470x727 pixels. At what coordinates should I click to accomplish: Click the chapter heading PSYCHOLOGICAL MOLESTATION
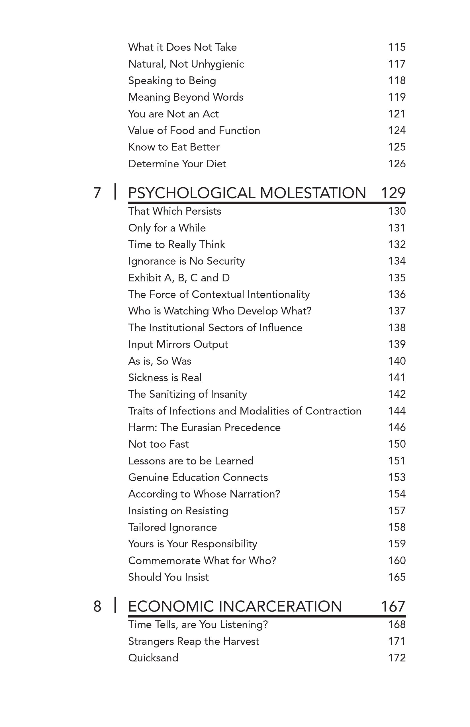point(247,193)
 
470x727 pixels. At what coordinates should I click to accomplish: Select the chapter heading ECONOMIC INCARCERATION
point(235,606)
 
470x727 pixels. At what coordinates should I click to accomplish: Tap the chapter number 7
point(97,193)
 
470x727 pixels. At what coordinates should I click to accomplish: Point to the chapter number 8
point(97,606)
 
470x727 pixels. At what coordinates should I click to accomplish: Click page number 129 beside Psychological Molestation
point(393,193)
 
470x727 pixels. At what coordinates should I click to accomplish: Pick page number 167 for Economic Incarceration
point(393,606)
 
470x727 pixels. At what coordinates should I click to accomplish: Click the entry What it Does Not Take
point(182,47)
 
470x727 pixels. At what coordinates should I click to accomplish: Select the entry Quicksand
point(153,658)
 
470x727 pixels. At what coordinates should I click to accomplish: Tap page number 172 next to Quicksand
point(397,658)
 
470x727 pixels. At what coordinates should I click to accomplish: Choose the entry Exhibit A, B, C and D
point(179,278)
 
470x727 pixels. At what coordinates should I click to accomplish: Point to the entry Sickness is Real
point(165,377)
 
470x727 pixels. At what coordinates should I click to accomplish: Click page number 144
point(397,411)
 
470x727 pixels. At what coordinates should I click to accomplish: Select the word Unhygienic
point(217,64)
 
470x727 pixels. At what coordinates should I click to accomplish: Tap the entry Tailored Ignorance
point(172,527)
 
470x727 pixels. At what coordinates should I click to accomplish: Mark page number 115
point(397,47)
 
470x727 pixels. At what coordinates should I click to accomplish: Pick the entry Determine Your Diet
point(177,164)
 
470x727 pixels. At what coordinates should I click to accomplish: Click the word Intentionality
point(278,295)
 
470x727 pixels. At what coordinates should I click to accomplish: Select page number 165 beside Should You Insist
point(397,577)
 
